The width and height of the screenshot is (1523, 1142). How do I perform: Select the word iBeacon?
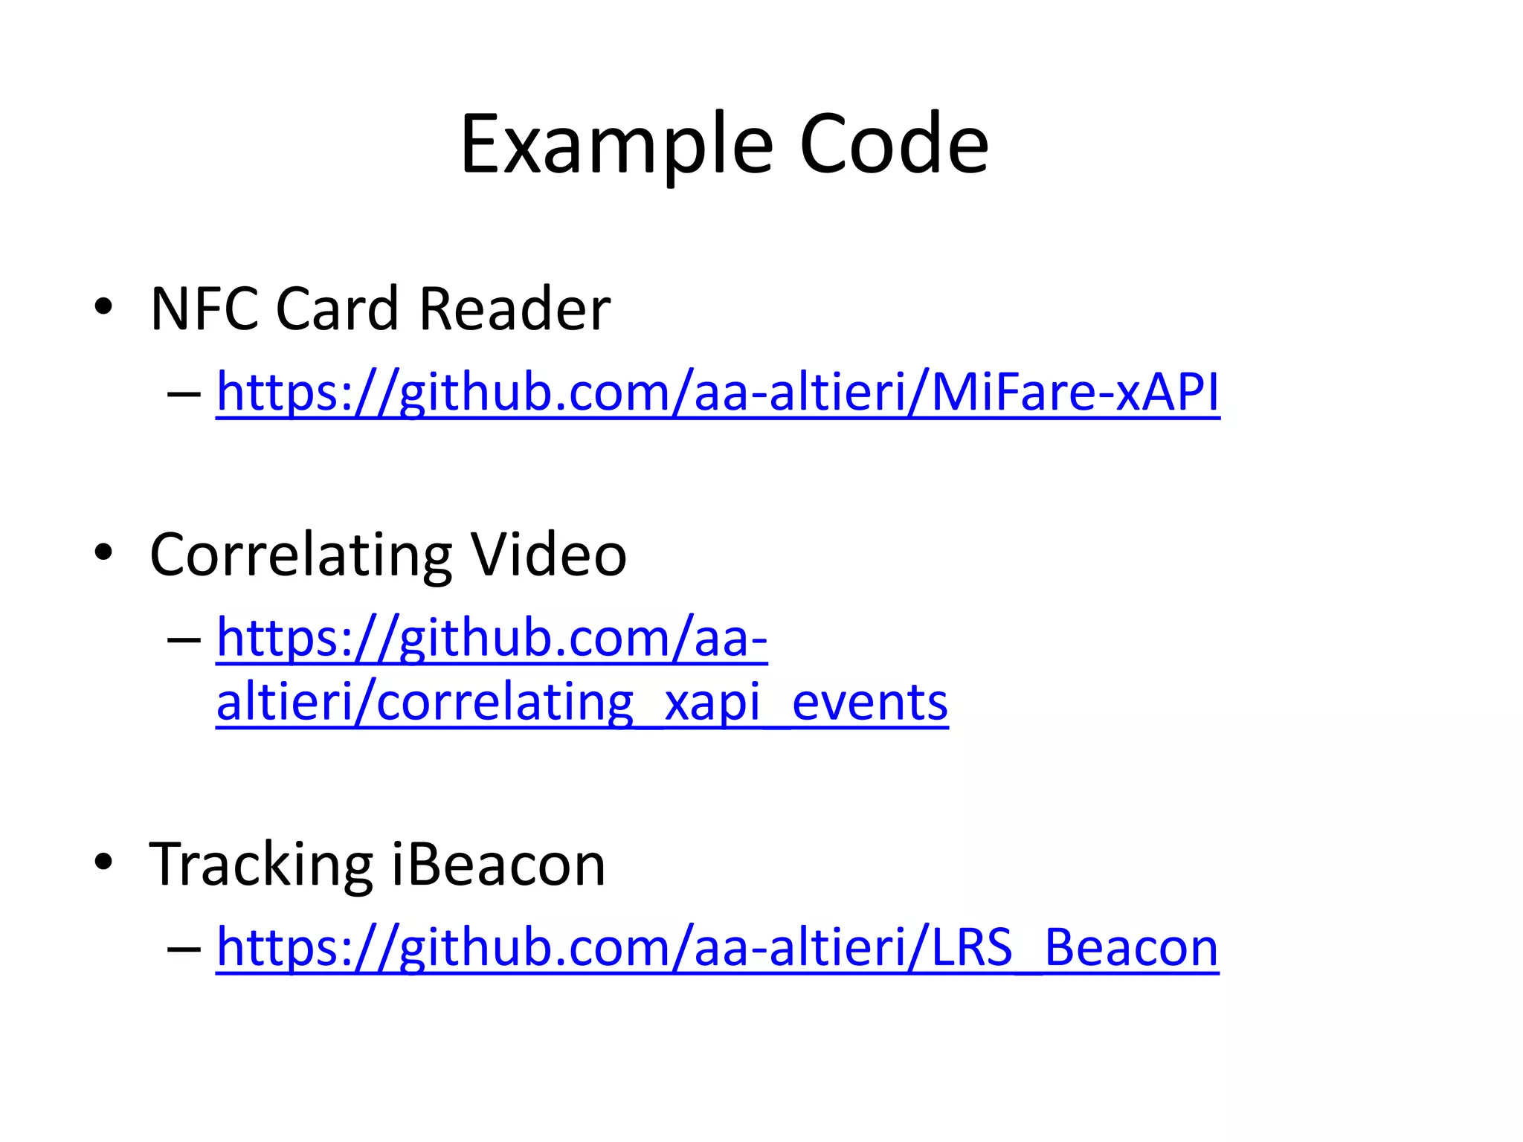[498, 865]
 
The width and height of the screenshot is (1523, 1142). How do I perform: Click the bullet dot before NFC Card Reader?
[103, 306]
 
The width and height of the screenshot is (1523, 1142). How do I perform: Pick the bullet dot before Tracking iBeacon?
[103, 862]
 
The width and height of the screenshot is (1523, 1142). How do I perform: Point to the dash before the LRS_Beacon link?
[184, 949]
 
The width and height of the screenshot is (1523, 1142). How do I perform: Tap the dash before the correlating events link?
[184, 639]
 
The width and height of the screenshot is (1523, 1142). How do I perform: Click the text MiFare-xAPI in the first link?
[1075, 392]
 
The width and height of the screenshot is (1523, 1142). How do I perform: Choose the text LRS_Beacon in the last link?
[1075, 948]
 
